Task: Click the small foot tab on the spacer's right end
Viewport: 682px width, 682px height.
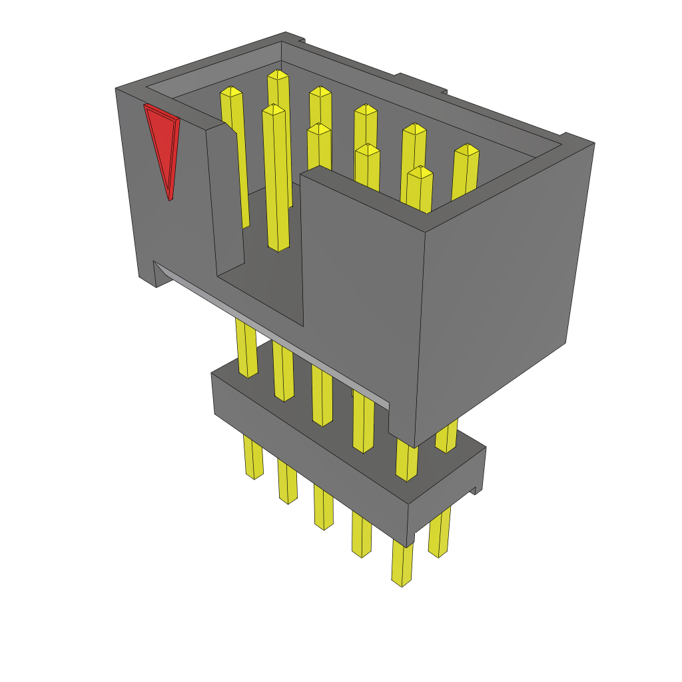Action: (476, 490)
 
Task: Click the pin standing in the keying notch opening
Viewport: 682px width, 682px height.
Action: (276, 180)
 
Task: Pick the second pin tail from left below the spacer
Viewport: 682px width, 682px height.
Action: (287, 482)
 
